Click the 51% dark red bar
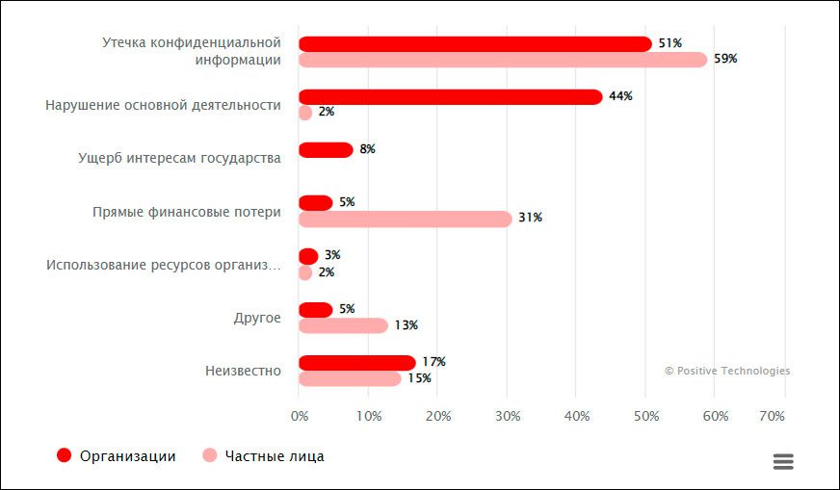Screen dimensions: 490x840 pos(475,44)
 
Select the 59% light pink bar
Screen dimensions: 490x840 pos(503,60)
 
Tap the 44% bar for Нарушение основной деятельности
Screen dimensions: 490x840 pos(450,97)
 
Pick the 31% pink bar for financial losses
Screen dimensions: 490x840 pos(405,219)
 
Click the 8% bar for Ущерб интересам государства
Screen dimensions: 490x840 pos(326,150)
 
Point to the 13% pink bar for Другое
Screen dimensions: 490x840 pos(343,325)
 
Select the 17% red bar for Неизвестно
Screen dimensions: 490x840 pos(356,363)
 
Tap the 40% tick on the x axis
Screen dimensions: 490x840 pos(576,416)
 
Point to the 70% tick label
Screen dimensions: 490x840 pos(773,416)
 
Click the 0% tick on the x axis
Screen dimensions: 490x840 pos(300,416)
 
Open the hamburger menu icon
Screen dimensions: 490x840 pos(783,462)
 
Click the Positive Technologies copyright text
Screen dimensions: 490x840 pos(727,371)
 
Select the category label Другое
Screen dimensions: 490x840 pos(257,318)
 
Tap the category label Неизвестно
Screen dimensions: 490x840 pos(243,371)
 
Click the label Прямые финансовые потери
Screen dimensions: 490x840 pos(187,212)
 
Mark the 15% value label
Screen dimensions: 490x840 pos(419,378)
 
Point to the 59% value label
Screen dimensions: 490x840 pos(725,60)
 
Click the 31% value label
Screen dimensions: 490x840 pos(530,219)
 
